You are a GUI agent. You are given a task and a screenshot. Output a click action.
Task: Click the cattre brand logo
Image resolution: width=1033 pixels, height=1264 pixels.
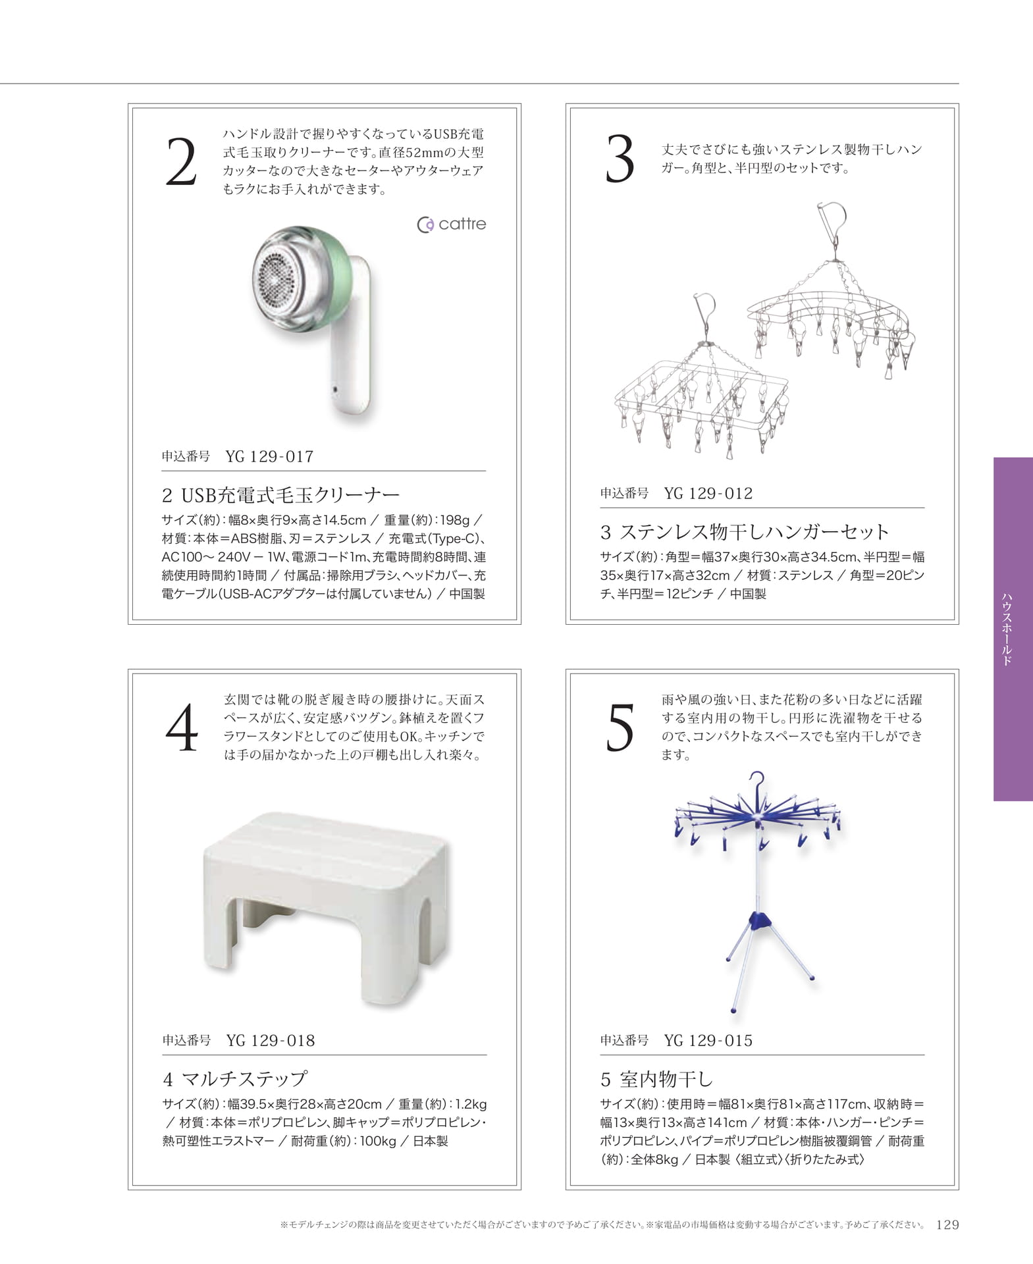coord(452,224)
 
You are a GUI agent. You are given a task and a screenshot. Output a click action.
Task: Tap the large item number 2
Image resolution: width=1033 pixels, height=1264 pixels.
coord(181,162)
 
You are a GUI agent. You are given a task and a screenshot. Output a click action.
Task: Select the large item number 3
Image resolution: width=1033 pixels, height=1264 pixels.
coord(620,159)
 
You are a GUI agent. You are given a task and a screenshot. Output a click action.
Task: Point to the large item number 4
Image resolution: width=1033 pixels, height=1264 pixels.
coord(182,727)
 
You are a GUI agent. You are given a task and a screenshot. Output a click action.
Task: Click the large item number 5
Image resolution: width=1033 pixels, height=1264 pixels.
coord(620,727)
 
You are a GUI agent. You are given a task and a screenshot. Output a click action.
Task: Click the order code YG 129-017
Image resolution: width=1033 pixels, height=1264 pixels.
coord(269,456)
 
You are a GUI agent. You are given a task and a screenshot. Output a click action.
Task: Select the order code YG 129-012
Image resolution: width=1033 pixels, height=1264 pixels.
coord(708,493)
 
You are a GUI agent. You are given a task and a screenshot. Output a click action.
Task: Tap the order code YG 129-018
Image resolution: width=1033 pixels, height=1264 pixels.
coord(271,1040)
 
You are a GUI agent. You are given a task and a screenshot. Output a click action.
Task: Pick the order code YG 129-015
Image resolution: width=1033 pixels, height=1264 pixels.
coord(708,1040)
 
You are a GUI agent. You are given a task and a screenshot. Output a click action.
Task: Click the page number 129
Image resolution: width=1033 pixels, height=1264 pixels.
coord(947,1224)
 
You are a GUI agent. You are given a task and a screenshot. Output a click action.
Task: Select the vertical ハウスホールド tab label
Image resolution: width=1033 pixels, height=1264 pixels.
coord(1007,629)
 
